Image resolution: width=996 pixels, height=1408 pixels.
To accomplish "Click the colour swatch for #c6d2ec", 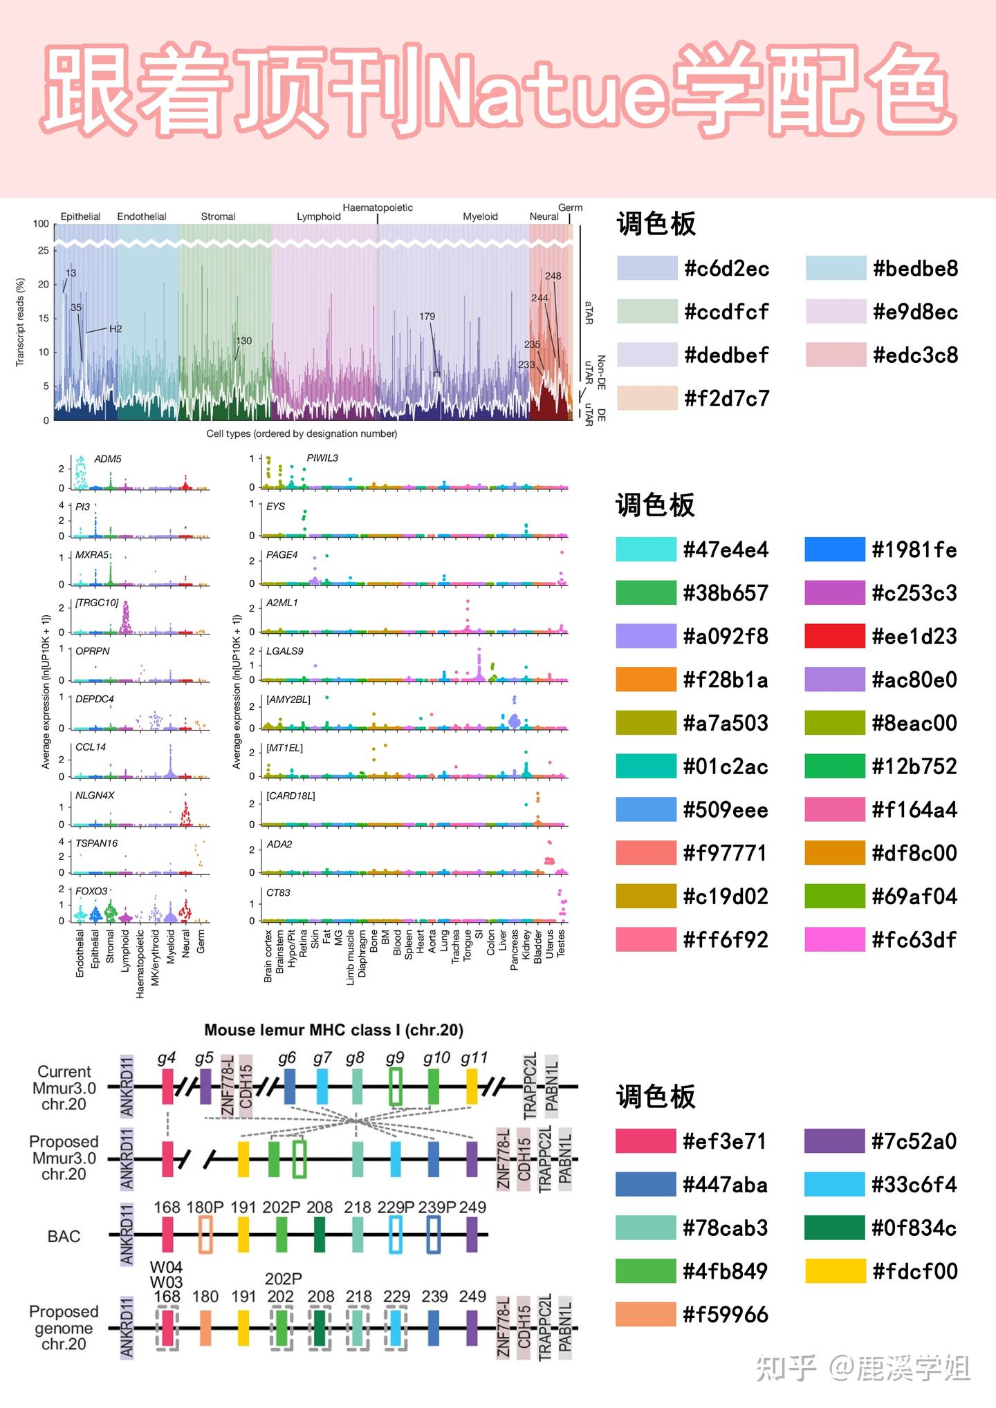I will [647, 268].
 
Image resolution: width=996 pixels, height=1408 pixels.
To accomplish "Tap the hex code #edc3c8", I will [915, 355].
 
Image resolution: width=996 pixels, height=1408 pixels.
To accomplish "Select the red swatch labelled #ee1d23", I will [835, 636].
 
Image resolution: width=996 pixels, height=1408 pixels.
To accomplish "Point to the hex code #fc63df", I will [914, 940].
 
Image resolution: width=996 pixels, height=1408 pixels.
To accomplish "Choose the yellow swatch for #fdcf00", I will [835, 1270].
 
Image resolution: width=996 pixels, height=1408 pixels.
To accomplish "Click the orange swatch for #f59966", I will [645, 1314].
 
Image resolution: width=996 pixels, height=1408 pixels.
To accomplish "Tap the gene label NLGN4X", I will [95, 796].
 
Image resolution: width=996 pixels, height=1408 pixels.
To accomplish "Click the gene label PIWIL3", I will [322, 458].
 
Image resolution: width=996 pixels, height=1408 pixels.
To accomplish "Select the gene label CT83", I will [278, 892].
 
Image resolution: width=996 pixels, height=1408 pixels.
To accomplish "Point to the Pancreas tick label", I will [514, 950].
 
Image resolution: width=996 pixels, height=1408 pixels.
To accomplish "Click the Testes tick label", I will [561, 944].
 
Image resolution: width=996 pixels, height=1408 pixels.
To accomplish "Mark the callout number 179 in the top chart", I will [427, 317].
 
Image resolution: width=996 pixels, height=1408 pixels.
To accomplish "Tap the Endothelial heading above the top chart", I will [142, 216].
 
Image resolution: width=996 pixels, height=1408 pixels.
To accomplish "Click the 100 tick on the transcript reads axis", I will [41, 224].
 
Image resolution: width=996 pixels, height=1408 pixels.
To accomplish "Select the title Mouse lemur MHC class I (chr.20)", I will [333, 1030].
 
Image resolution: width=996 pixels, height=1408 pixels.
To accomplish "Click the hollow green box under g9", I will [396, 1087].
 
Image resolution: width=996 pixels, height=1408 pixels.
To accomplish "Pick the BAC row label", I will [64, 1237].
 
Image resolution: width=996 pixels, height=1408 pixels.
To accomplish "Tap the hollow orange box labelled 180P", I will [205, 1235].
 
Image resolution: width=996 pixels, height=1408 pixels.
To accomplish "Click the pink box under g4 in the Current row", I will [167, 1087].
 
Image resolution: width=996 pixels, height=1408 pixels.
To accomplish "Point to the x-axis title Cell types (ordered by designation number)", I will [302, 434].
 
